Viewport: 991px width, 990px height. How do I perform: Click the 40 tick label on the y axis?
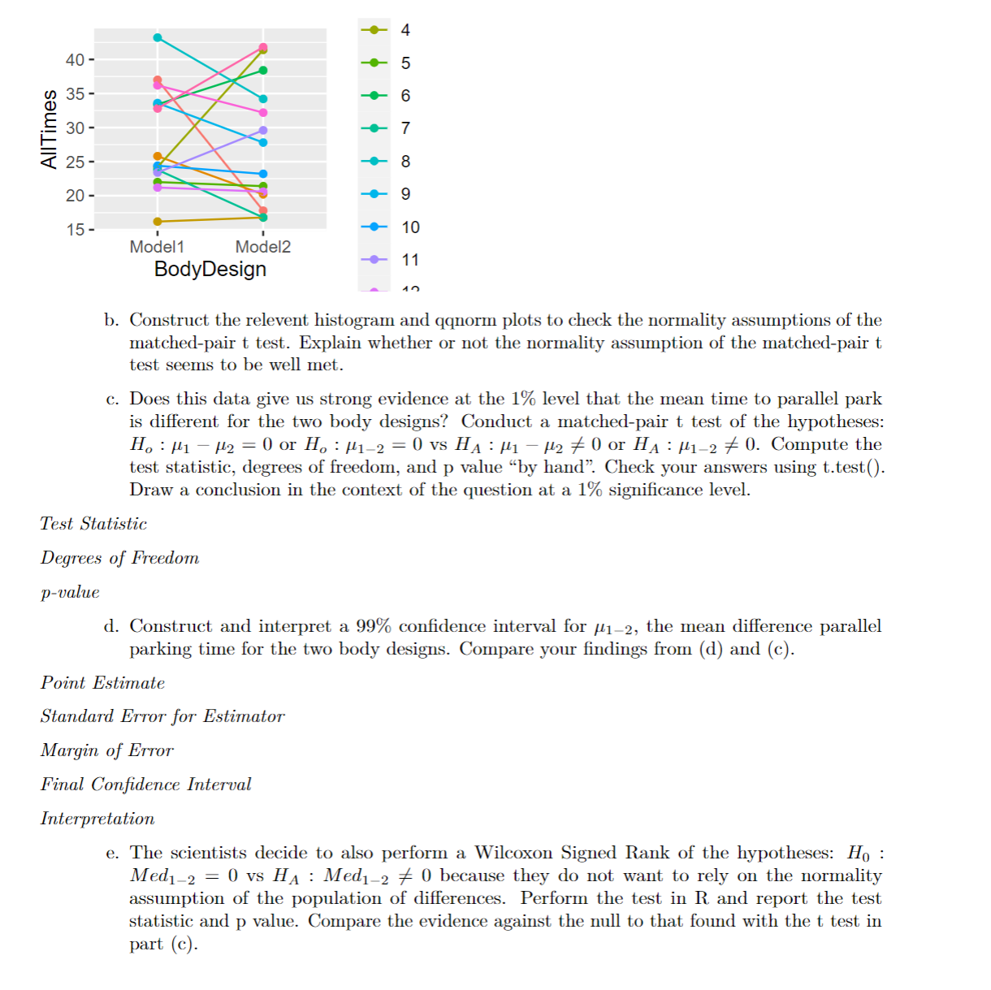pos(75,60)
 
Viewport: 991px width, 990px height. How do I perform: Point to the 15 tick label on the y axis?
pos(75,230)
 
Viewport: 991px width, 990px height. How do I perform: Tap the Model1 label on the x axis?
pos(157,247)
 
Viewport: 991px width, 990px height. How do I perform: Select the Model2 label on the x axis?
pos(262,247)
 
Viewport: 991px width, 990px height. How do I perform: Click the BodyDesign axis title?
pos(210,270)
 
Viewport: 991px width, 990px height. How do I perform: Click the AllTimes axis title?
pos(50,129)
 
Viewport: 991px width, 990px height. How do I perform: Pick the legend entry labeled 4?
pos(388,30)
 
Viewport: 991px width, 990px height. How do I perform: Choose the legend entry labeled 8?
pos(388,162)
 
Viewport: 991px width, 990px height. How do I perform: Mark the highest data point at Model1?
pos(158,38)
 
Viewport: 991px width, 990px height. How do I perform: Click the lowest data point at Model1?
pos(158,221)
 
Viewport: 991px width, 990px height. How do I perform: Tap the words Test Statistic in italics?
pos(93,524)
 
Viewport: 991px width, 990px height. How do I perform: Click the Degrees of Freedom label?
pos(119,558)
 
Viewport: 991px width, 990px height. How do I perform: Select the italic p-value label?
pos(70,592)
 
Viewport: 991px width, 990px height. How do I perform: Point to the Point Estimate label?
pos(102,683)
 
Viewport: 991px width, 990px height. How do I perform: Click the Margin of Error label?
pos(106,750)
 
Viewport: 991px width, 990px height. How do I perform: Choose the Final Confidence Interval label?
pos(145,785)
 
